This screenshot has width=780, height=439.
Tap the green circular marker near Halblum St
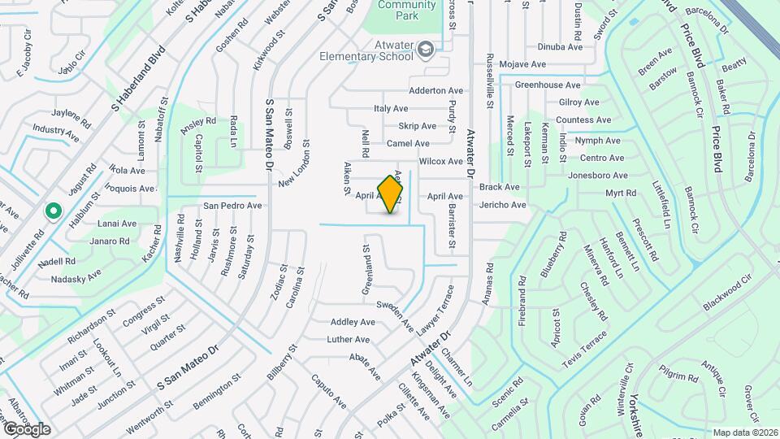(x=54, y=211)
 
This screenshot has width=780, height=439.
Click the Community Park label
(x=406, y=10)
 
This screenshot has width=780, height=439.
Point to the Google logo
(x=26, y=428)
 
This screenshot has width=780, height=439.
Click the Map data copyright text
(x=746, y=432)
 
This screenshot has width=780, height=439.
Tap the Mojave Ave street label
(x=522, y=63)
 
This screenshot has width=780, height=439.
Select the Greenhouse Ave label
(x=548, y=85)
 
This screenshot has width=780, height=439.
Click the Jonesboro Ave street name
(x=598, y=175)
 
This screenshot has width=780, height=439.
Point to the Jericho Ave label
(x=503, y=205)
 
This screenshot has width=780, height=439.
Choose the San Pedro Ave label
(x=232, y=205)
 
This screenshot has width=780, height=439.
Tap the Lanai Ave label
(x=117, y=224)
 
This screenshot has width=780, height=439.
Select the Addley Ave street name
(x=353, y=322)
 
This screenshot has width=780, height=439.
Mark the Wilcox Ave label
(x=441, y=161)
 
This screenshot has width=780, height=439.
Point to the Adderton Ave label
(x=436, y=90)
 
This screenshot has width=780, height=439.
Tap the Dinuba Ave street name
(x=560, y=47)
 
